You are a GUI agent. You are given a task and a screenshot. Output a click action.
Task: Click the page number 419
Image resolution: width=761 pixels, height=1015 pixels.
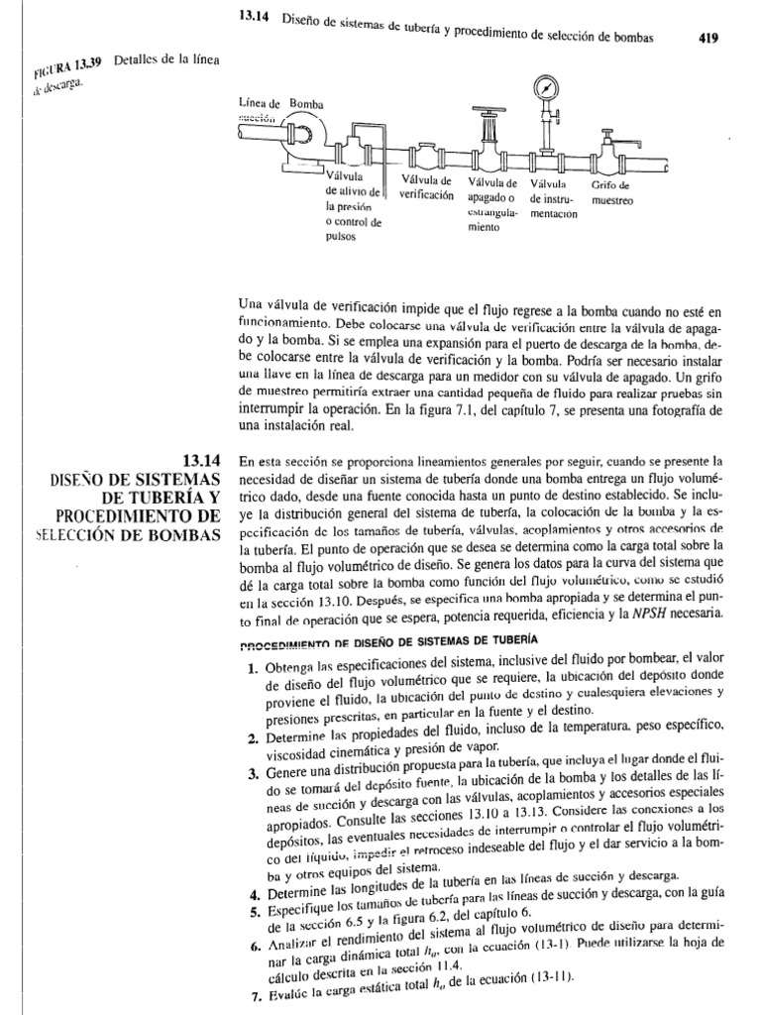click(x=703, y=38)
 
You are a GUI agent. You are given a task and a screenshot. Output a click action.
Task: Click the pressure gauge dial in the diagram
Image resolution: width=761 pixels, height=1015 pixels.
click(x=546, y=87)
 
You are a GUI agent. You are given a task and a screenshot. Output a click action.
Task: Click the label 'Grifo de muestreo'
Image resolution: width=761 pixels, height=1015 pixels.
click(x=611, y=191)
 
